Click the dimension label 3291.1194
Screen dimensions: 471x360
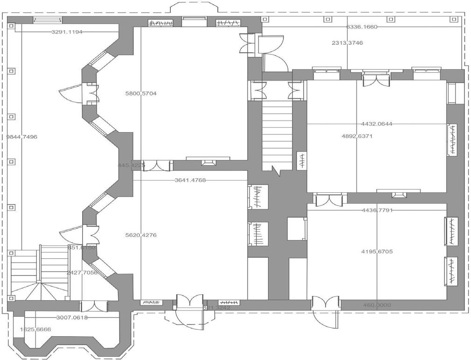[67, 32]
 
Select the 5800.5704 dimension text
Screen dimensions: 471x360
[141, 93]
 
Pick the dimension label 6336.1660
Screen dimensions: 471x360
[362, 27]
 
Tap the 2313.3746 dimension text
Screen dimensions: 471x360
[347, 43]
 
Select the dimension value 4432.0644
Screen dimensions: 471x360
[377, 124]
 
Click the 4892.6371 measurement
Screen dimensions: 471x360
[358, 136]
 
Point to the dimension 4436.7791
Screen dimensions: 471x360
[377, 210]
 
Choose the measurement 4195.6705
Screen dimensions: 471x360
[377, 252]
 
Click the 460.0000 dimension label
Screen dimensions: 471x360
[377, 305]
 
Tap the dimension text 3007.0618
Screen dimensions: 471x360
[72, 318]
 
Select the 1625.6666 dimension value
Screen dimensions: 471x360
[35, 330]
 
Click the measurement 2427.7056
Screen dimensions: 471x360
[82, 273]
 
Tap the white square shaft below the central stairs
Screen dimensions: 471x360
[297, 229]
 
